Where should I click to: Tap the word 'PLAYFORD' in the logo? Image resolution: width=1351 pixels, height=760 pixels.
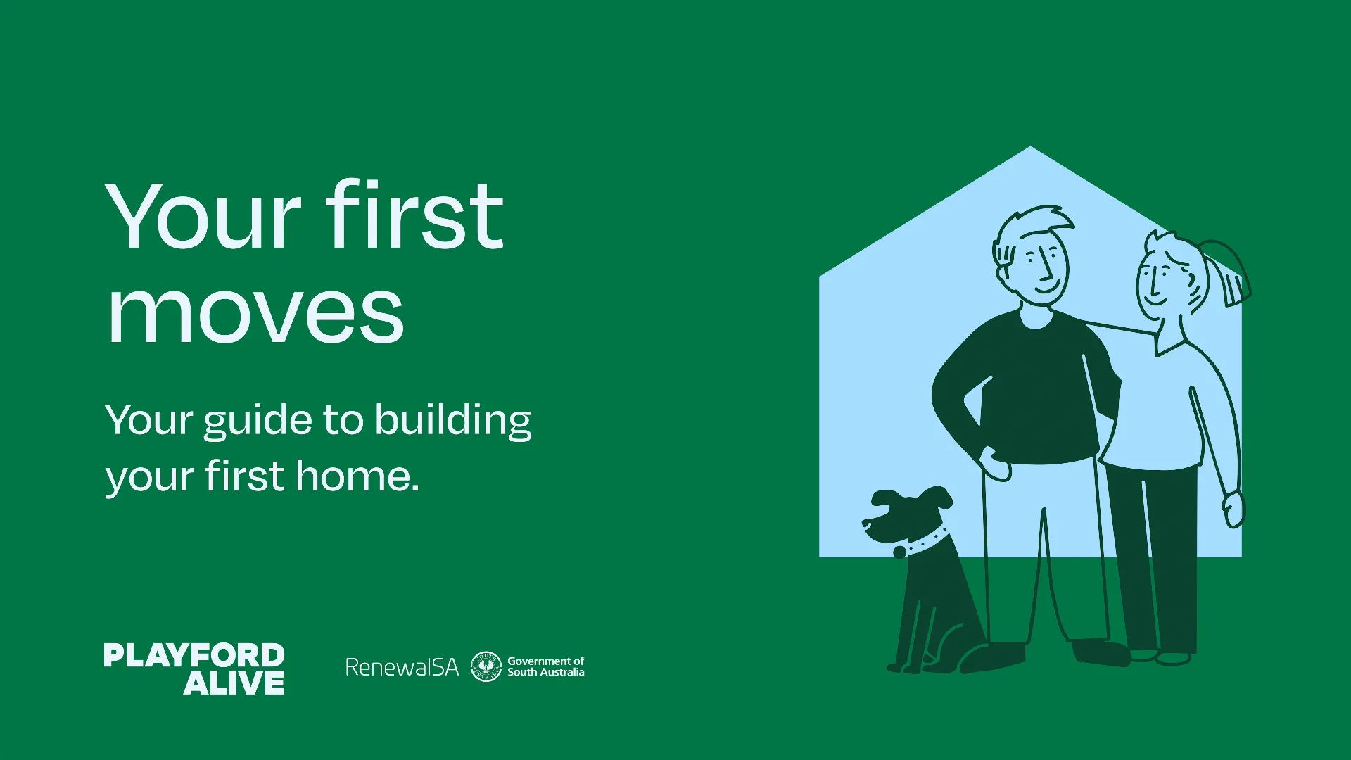point(194,655)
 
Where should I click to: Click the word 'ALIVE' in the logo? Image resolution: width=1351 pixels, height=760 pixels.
point(234,683)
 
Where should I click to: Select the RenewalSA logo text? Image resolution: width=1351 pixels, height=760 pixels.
point(402,666)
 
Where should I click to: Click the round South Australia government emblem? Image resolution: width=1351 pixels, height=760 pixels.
point(486,666)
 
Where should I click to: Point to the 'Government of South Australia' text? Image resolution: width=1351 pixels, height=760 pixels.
point(546,666)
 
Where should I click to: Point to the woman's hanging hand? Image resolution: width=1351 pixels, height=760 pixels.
point(1234,508)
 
